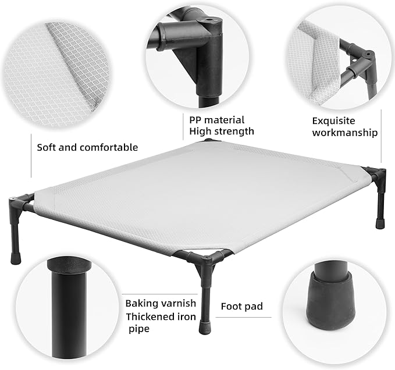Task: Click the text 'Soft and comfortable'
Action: coord(87,147)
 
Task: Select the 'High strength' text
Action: coord(222,131)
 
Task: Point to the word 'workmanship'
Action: coord(345,133)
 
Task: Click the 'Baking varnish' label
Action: coord(161,303)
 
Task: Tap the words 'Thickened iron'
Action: coord(161,317)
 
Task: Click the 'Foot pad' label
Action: coord(242,306)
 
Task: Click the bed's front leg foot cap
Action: coord(206,327)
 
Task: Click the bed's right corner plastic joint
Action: coord(375,175)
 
